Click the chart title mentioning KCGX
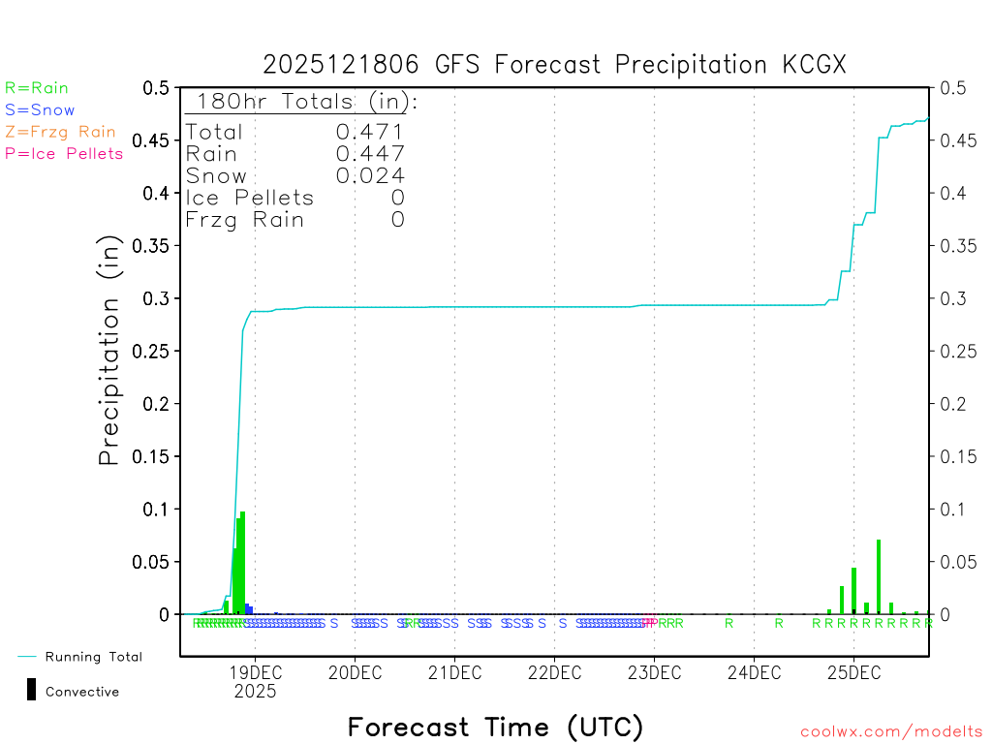point(555,64)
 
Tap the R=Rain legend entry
point(37,88)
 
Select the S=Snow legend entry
point(40,110)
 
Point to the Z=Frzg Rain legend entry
point(60,132)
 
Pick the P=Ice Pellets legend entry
point(64,153)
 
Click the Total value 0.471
point(370,132)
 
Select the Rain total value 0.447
point(370,153)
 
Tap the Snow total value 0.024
point(370,175)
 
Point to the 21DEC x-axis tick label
point(454,672)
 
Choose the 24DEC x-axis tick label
point(754,672)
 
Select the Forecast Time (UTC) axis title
point(495,727)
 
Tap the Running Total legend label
point(93,657)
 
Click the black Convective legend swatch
point(31,689)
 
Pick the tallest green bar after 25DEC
point(879,576)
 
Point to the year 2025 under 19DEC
point(255,692)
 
